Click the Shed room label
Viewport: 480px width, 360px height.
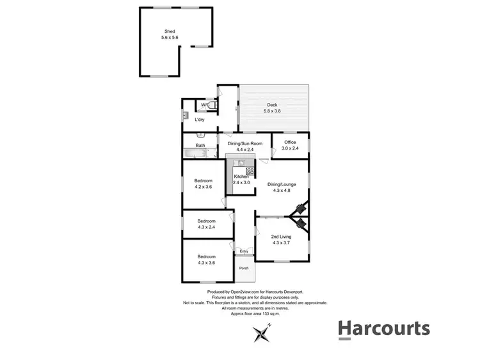(170, 35)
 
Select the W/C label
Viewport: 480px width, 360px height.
(205, 105)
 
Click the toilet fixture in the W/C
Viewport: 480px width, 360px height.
(214, 106)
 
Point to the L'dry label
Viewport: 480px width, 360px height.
(200, 120)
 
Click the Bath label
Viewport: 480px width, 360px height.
(200, 145)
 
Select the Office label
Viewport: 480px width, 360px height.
(290, 145)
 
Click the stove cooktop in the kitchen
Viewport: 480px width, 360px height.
(250, 171)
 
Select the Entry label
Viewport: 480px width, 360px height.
(244, 251)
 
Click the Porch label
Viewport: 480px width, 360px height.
(244, 268)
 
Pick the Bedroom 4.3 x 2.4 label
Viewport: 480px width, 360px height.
(206, 224)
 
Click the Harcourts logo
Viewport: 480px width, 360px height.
(383, 329)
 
